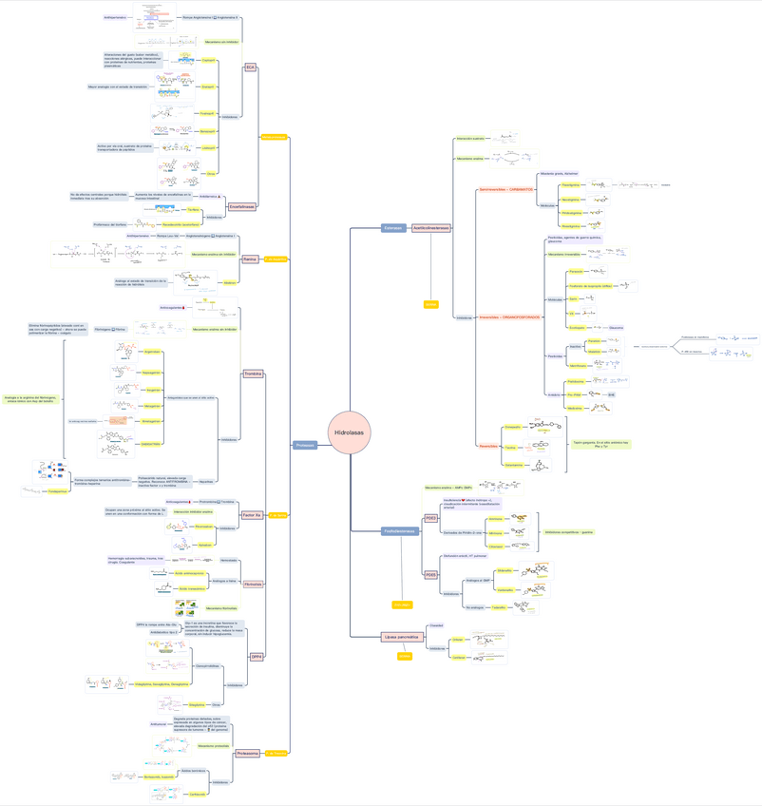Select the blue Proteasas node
coord(305,445)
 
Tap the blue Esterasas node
coord(393,228)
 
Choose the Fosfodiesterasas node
coord(400,531)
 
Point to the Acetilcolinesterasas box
coord(431,228)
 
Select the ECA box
coord(250,67)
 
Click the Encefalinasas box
coord(242,206)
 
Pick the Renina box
coord(250,259)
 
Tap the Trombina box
coord(253,374)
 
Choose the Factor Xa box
coord(253,514)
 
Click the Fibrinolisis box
coord(253,584)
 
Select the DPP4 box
coord(257,657)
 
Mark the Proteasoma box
coord(248,753)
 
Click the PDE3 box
coord(430,518)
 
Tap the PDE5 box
coord(430,575)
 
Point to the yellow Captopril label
coord(208,60)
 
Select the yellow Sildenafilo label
coord(505,571)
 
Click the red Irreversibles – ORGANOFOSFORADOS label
coord(509,317)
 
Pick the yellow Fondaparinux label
coord(57,491)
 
